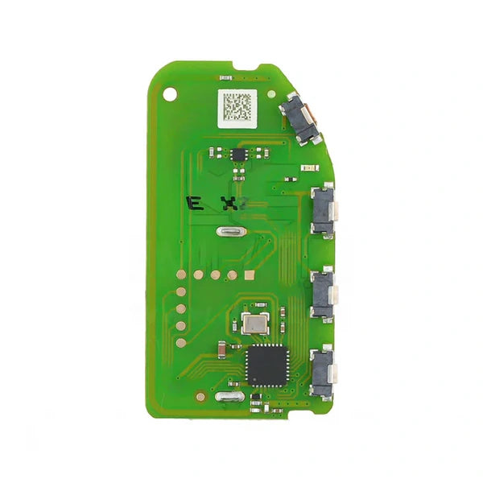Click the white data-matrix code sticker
pos(237,105)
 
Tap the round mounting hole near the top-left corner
pos(171,93)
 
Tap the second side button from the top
pos(323,209)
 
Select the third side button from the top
pos(323,295)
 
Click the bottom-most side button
pos(323,372)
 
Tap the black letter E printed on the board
pos(193,203)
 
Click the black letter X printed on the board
pos(230,203)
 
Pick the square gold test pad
pos(250,275)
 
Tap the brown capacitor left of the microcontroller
pos(221,348)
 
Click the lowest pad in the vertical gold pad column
pos(181,341)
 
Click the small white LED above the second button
pos(306,167)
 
